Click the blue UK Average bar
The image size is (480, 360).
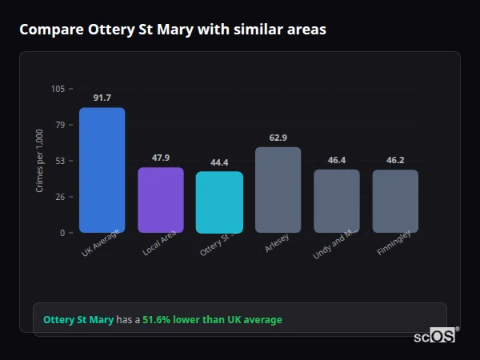(102, 170)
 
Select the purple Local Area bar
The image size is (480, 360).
(161, 200)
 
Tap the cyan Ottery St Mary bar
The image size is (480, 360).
(219, 202)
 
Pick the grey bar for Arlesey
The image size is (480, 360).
(278, 190)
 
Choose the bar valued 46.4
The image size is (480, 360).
(336, 201)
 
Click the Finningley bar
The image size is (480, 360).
(395, 201)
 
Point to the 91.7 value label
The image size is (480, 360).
(102, 98)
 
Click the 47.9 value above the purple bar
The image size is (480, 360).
(161, 158)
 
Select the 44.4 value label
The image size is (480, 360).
(219, 162)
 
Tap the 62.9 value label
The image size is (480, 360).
(278, 138)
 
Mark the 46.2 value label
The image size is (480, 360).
(395, 160)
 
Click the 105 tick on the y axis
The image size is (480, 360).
(58, 89)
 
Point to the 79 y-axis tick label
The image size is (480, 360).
(60, 125)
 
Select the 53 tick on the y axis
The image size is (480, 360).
(60, 161)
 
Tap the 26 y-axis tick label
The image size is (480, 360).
(60, 197)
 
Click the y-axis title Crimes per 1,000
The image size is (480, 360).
(40, 161)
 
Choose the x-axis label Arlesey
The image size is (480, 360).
(277, 245)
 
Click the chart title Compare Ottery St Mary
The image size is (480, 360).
(172, 30)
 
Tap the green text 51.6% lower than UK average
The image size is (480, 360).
(212, 320)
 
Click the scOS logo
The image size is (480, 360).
(434, 336)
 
